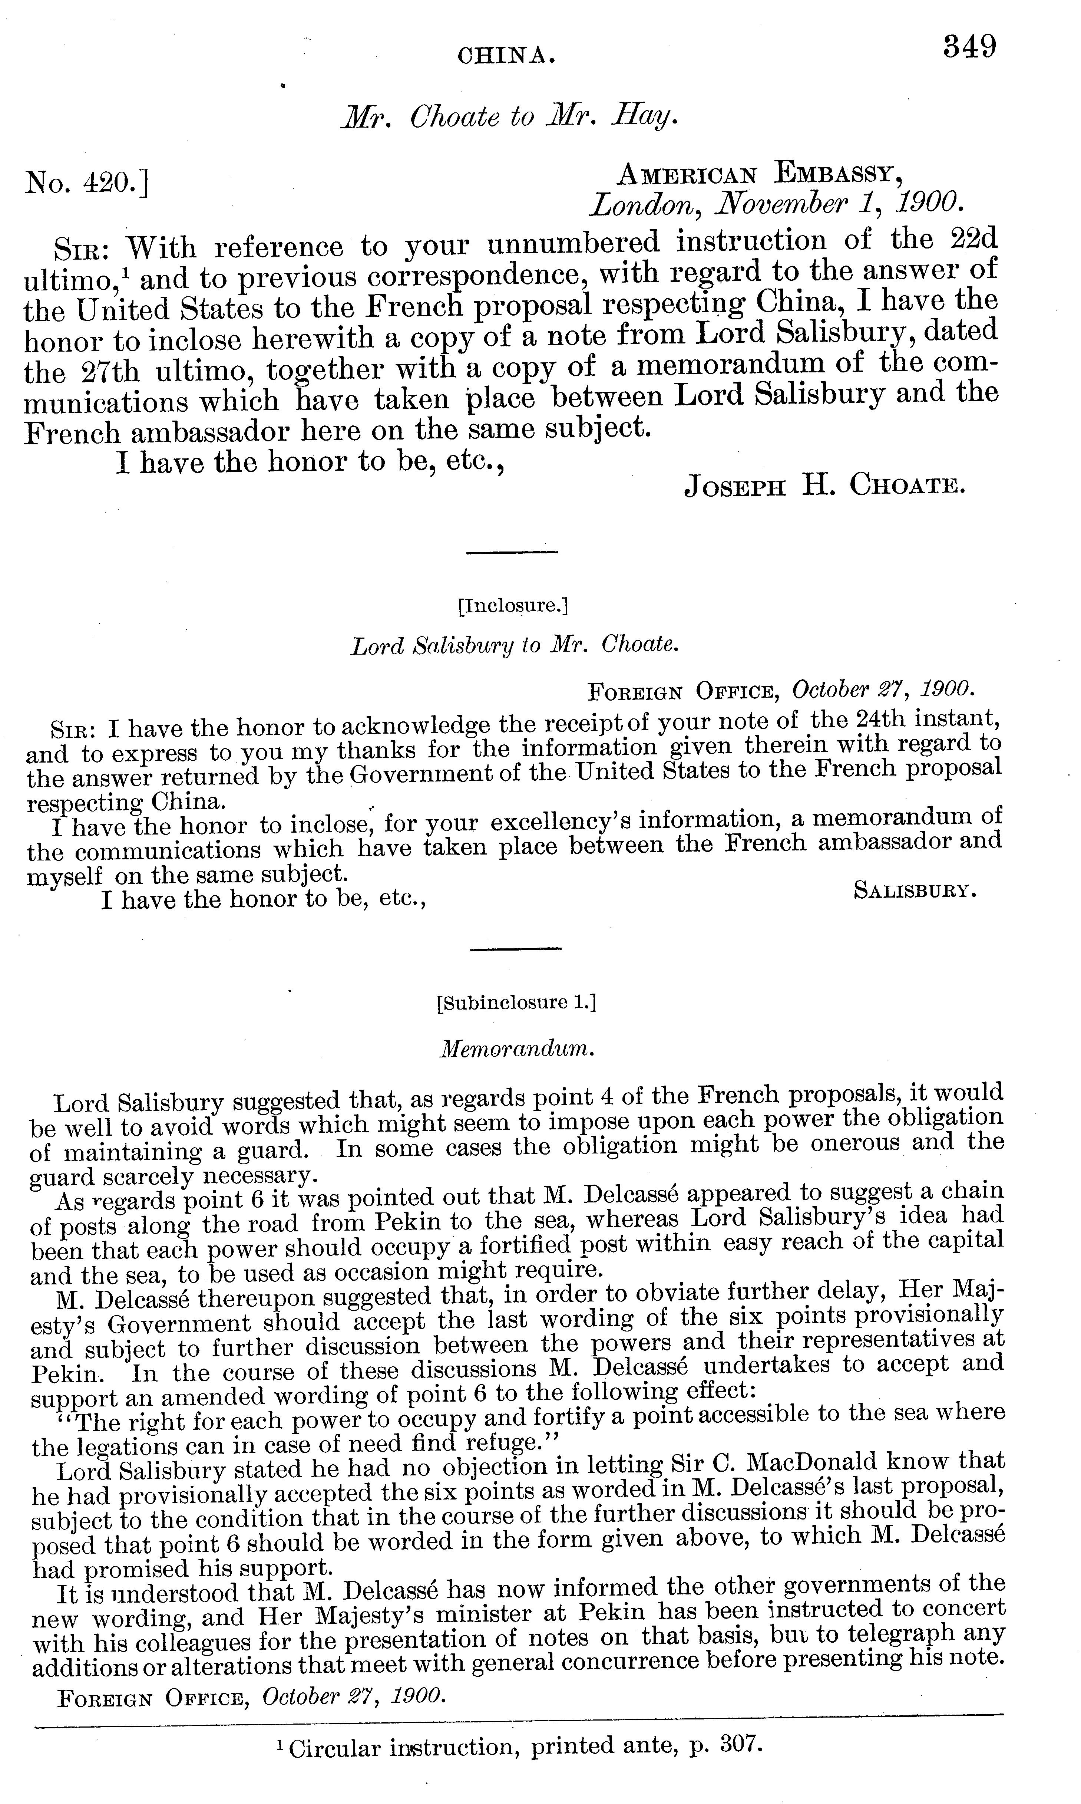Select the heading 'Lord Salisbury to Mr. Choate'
pos(514,646)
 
